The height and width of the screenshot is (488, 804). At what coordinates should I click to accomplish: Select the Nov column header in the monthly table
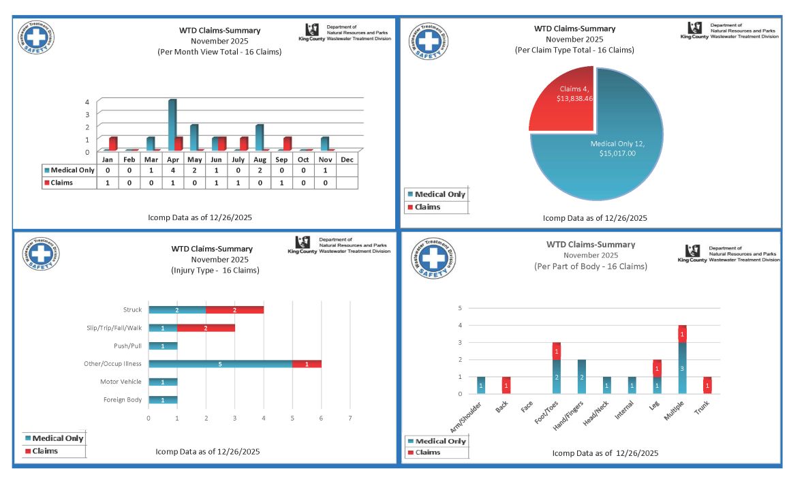pos(325,159)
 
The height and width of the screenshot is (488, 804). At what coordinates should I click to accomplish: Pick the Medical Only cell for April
pos(172,170)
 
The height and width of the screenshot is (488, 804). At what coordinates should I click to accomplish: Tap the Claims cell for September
pos(281,183)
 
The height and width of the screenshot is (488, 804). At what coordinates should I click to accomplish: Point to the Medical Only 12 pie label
pos(617,149)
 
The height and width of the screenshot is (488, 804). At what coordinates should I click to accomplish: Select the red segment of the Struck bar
pos(234,310)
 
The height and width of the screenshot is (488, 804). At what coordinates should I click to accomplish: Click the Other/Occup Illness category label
pos(113,364)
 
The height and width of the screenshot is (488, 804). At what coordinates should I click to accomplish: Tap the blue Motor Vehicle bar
pos(163,382)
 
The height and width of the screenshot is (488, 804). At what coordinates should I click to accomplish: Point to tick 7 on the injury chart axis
pos(350,417)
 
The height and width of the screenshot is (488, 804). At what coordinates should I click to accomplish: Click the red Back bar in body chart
pos(506,385)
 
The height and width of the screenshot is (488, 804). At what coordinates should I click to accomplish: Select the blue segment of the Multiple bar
pos(682,368)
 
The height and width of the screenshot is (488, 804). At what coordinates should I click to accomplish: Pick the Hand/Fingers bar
pos(582,377)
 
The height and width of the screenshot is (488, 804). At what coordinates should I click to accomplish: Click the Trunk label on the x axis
pos(702,409)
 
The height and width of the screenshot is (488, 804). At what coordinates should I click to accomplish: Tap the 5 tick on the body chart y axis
pos(460,308)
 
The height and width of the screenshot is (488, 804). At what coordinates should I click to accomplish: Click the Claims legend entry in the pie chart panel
pos(427,207)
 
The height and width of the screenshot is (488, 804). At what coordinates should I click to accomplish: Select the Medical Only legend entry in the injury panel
pos(57,438)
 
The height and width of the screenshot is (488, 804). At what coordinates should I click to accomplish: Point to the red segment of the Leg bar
pos(658,369)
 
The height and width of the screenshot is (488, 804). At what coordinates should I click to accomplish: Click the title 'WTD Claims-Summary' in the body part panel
pos(590,244)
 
